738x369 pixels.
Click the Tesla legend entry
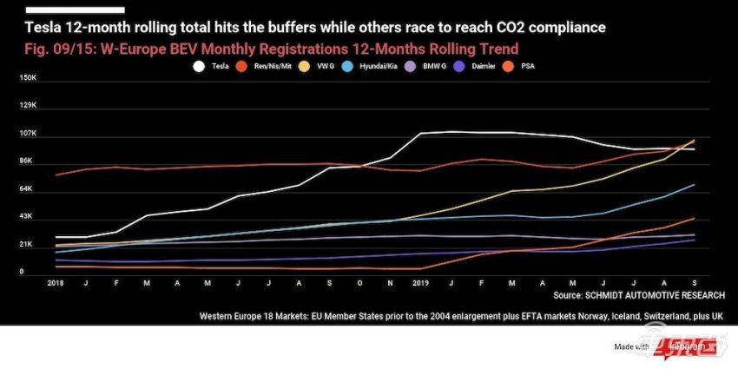pos(213,64)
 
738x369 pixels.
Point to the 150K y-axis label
pos(28,78)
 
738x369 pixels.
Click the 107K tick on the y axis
pos(28,134)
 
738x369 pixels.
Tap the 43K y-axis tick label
pos(26,216)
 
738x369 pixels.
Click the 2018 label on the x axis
pos(56,283)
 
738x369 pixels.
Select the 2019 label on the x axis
pos(421,283)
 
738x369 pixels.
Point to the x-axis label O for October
pos(360,283)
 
